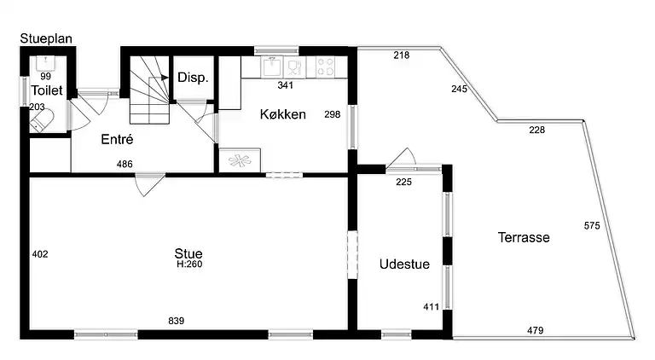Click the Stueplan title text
[x=46, y=39]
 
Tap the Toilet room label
[x=47, y=90]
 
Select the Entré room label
[x=117, y=139]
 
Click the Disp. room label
[x=193, y=78]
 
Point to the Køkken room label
[x=283, y=114]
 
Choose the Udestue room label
[x=404, y=264]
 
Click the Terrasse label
[x=524, y=237]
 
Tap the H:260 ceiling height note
[x=189, y=264]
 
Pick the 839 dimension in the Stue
[x=177, y=321]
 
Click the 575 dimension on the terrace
[x=592, y=225]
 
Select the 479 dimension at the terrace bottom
[x=535, y=330]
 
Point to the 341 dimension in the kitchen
[x=286, y=85]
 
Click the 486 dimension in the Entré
[x=125, y=164]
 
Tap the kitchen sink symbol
[x=272, y=67]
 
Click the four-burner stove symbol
[x=325, y=67]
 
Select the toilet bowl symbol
[x=42, y=120]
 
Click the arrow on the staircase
[x=164, y=78]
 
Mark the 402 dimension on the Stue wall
[x=40, y=254]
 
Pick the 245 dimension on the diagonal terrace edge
[x=459, y=89]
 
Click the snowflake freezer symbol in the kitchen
[x=240, y=160]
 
